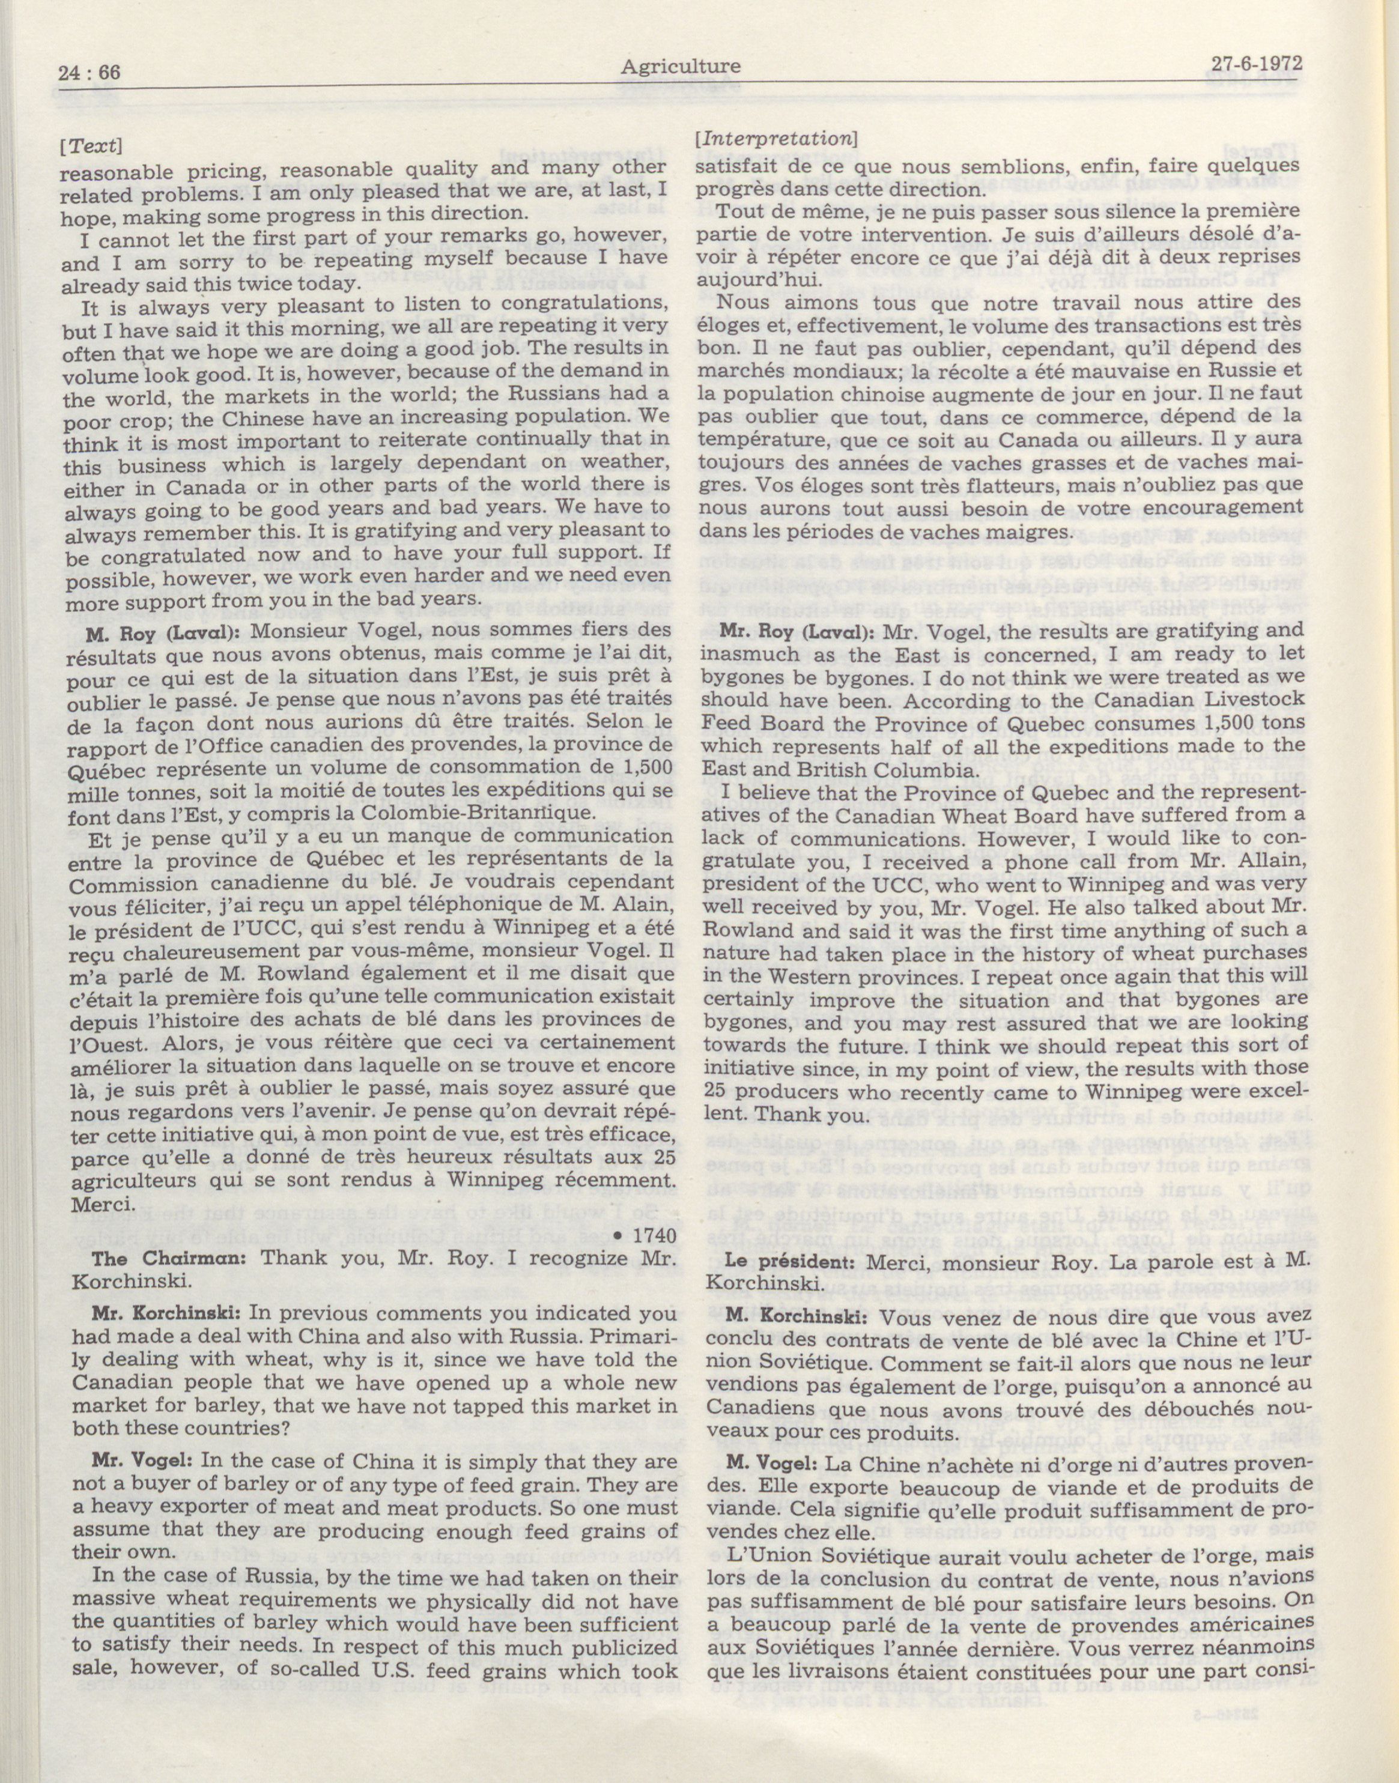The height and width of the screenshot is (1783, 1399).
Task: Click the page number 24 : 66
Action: pos(90,72)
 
